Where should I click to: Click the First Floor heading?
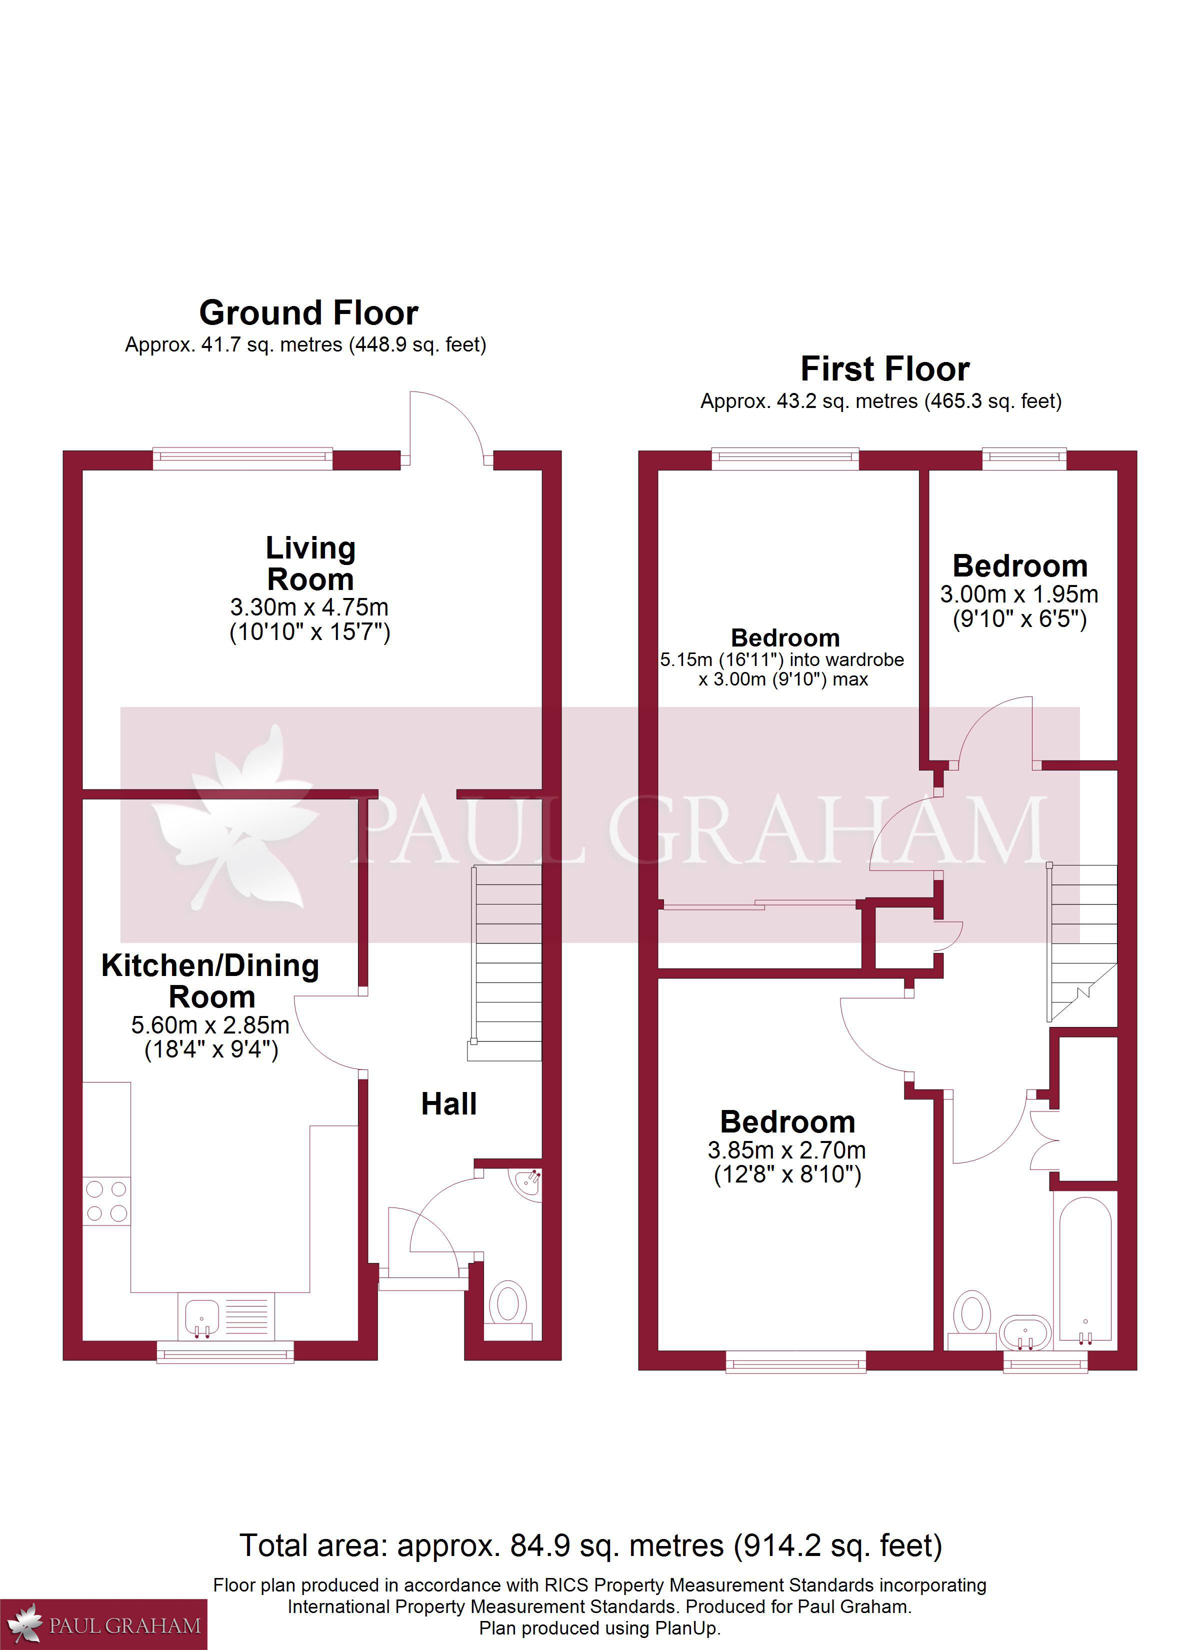(x=885, y=369)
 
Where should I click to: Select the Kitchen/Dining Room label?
(x=210, y=980)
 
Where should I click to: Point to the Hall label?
(x=449, y=1103)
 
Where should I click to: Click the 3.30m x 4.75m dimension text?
(x=309, y=606)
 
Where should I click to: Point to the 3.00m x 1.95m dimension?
(x=1019, y=594)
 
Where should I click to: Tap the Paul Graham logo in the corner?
(x=103, y=1624)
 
